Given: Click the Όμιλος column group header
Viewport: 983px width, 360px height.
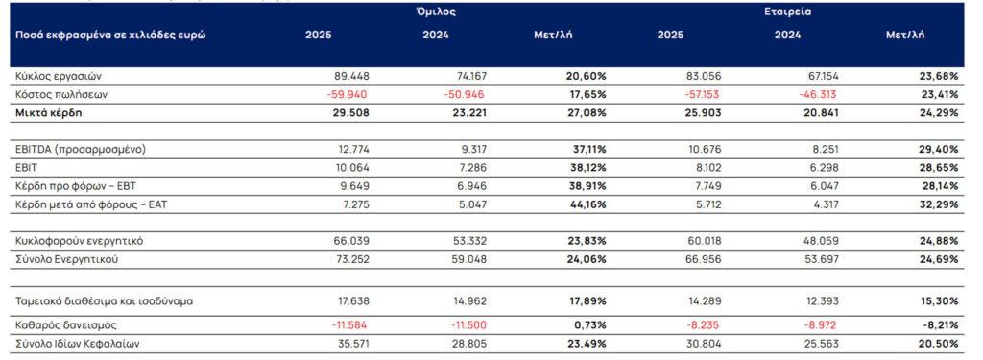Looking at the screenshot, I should (x=437, y=12).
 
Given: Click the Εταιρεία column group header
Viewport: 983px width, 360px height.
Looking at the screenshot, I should (x=789, y=12).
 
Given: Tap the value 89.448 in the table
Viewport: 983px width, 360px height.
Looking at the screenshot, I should (x=349, y=76).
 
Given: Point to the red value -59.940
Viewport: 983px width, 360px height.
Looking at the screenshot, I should (x=347, y=94).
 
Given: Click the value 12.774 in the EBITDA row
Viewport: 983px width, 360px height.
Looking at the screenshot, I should (x=349, y=150).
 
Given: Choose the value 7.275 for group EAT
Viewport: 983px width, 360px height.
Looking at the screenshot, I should (x=352, y=204).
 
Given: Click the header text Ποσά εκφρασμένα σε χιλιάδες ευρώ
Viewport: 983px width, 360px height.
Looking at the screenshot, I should (x=109, y=36).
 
